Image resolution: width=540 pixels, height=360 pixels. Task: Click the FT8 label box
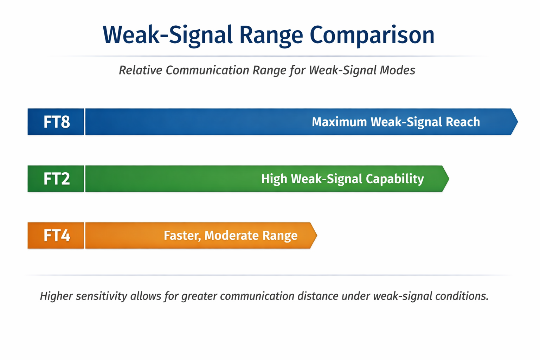(x=56, y=122)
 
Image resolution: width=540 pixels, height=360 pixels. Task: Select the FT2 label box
(x=56, y=179)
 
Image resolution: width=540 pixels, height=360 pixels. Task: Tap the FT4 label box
(x=56, y=236)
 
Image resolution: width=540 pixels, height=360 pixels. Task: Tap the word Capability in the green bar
(x=395, y=179)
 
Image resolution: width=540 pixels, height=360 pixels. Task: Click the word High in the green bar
(x=274, y=179)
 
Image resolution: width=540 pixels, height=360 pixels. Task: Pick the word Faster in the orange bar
(x=182, y=236)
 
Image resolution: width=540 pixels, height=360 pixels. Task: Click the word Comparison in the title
(x=372, y=35)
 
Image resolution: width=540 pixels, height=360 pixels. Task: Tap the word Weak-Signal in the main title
(x=168, y=35)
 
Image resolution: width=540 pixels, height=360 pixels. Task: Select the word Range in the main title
(x=271, y=35)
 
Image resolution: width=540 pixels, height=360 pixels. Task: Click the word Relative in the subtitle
(x=140, y=70)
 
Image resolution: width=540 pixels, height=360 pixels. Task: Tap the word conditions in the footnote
(x=462, y=296)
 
